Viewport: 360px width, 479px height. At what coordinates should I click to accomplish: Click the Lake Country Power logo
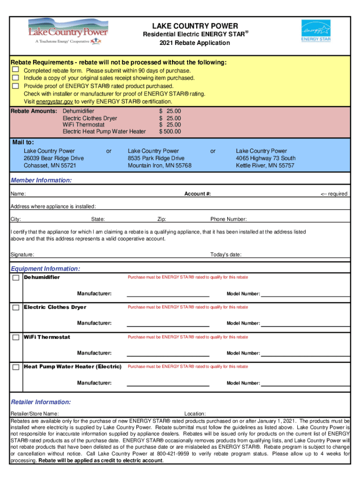pos(68,31)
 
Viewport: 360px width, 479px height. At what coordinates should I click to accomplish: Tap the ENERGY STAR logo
pos(316,31)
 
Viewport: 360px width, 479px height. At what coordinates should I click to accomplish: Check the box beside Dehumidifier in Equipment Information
pos(16,278)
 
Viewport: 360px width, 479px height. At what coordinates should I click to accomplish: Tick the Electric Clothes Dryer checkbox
pos(16,307)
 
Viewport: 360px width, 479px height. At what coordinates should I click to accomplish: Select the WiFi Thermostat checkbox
pos(16,337)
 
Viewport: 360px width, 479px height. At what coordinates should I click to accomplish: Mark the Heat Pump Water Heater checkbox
pos(16,367)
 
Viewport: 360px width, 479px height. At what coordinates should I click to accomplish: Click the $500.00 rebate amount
pos(170,132)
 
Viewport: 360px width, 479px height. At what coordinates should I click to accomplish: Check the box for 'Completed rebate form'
pos(15,70)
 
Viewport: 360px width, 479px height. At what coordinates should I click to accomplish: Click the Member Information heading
pos(41,181)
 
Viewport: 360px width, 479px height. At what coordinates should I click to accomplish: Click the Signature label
pos(22,255)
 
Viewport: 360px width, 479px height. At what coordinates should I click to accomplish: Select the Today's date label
pos(226,255)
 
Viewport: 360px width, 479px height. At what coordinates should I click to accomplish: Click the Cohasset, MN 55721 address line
pos(50,166)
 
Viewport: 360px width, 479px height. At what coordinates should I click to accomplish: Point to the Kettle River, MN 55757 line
pos(265,166)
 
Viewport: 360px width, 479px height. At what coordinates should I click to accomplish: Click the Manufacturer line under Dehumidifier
pos(168,294)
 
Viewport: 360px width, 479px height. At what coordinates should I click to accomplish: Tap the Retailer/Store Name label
pos(35,414)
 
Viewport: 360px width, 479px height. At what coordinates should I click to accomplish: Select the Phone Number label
pos(229,219)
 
